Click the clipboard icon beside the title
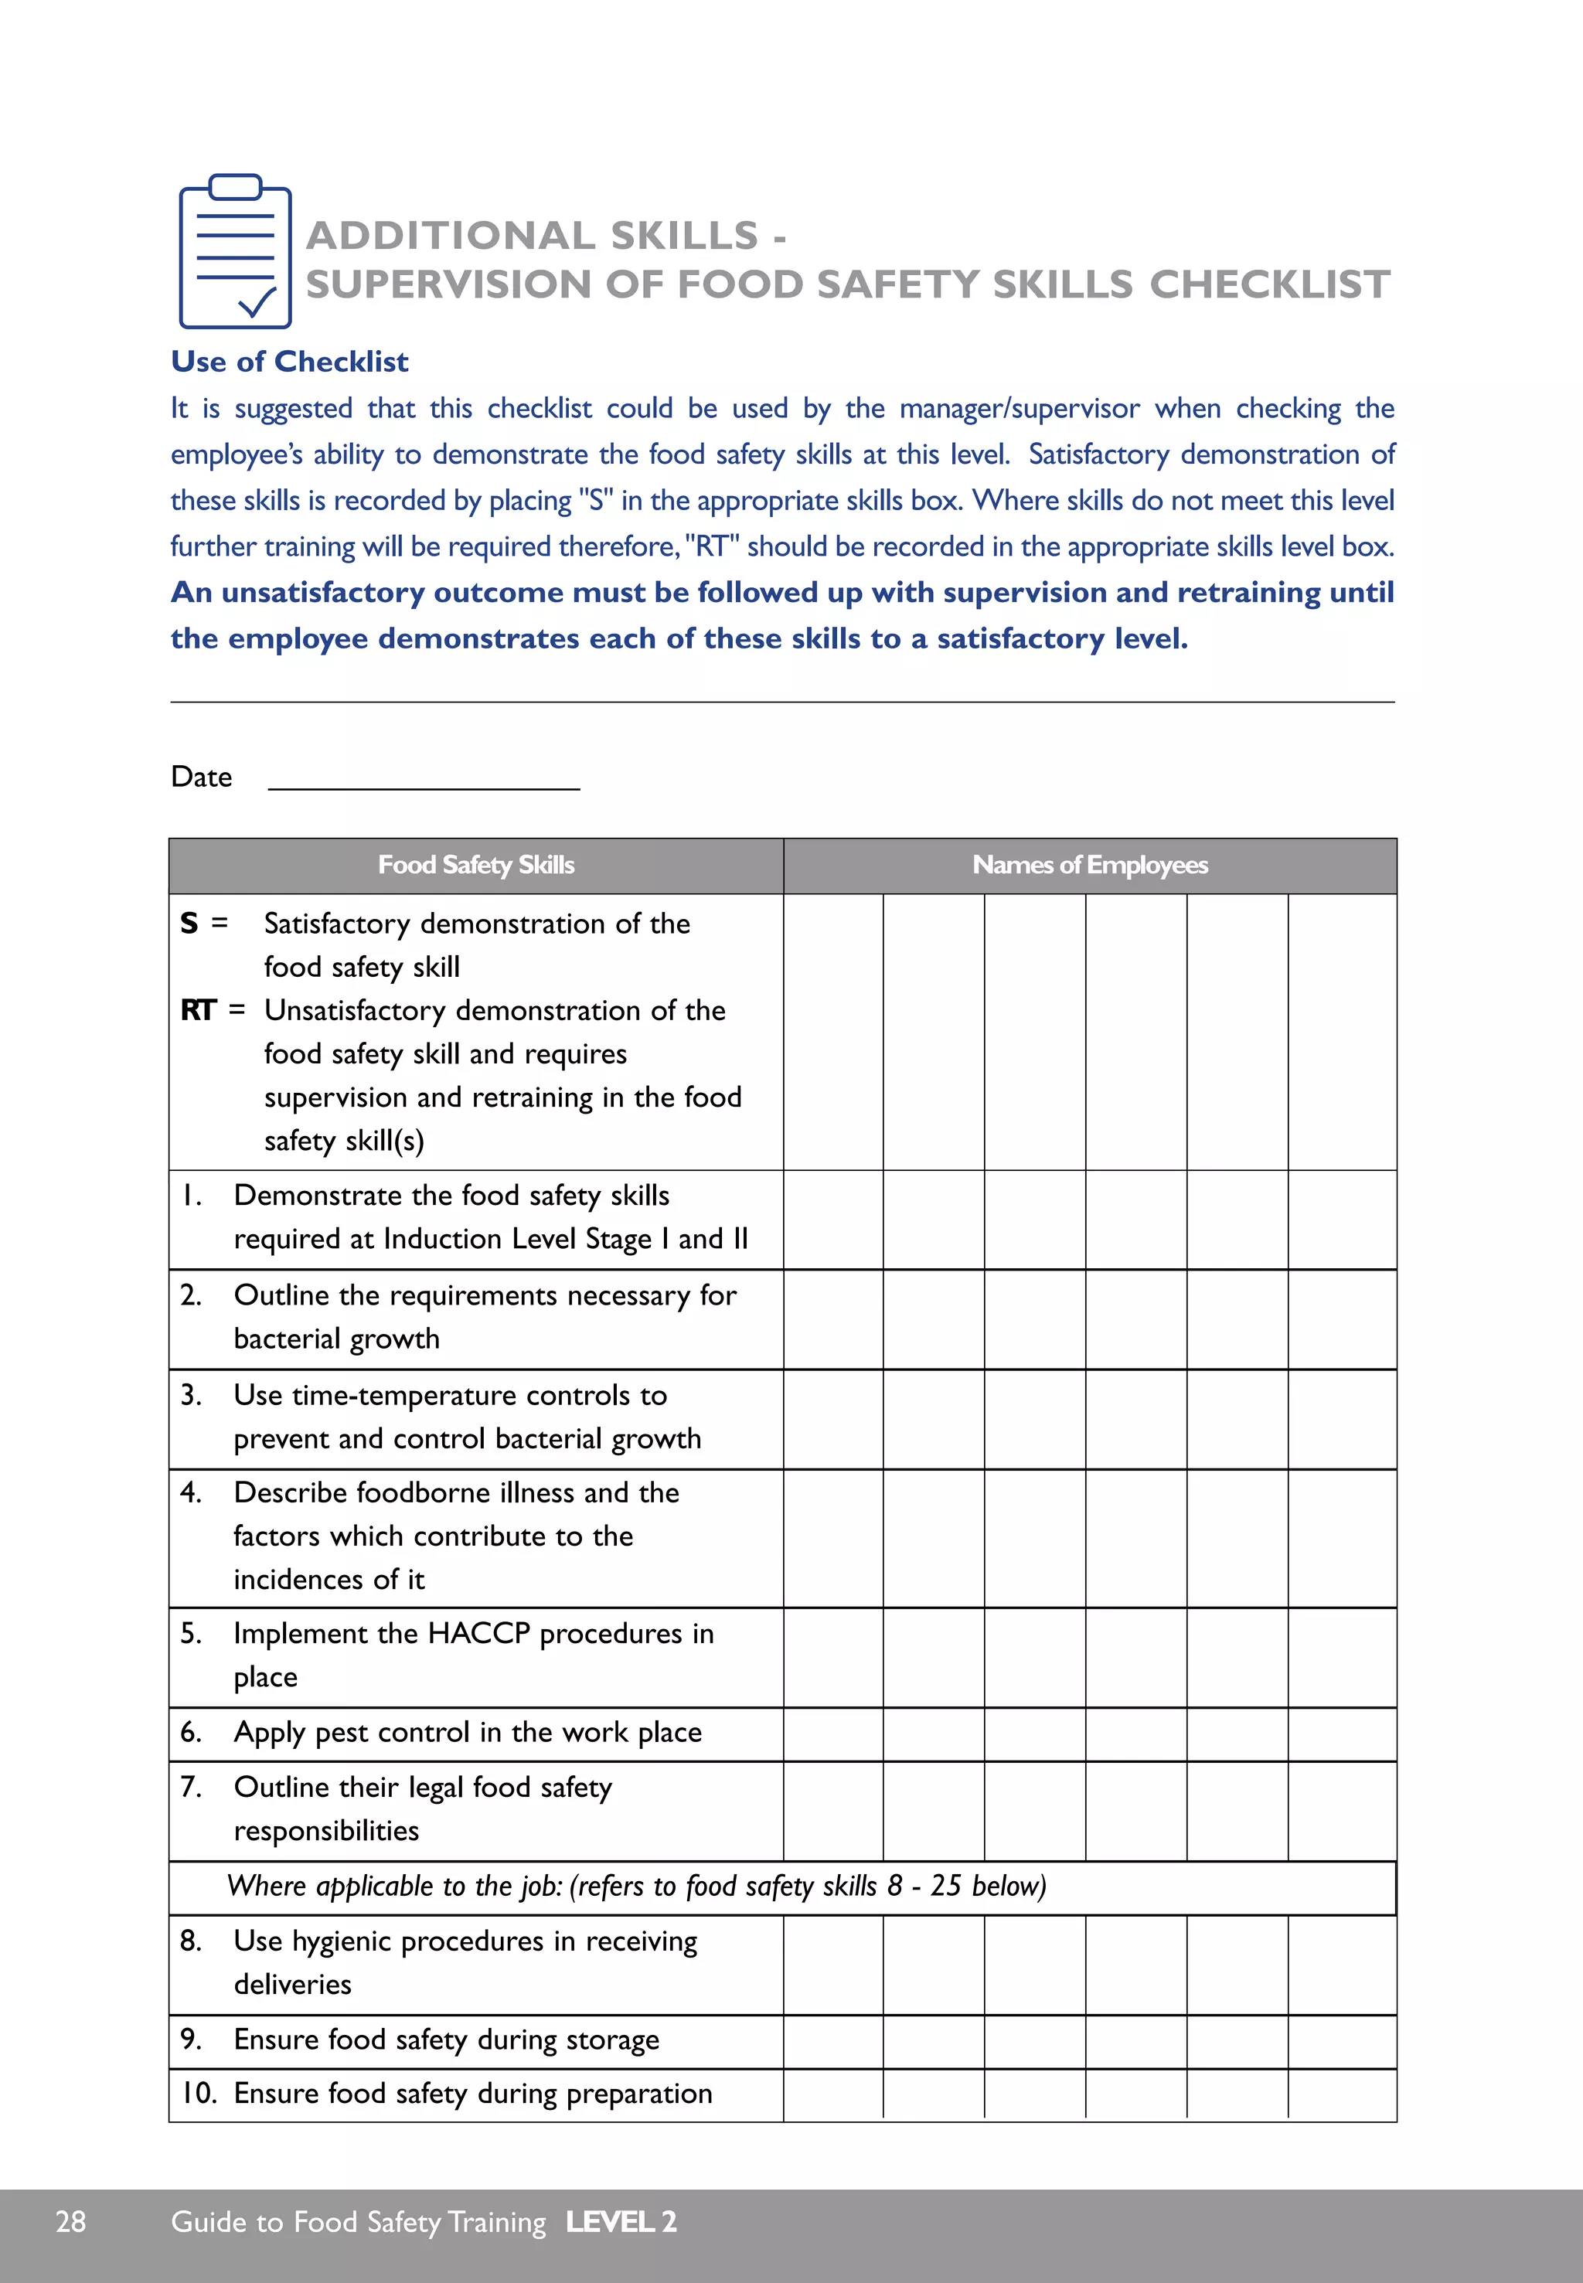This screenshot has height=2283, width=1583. point(235,253)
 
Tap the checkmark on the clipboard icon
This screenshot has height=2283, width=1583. point(258,301)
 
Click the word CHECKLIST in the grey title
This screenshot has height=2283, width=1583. point(1270,284)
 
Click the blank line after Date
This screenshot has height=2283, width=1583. point(424,778)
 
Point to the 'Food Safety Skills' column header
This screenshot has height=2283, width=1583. point(476,865)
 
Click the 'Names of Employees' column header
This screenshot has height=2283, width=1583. point(1089,865)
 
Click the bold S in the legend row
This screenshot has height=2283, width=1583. point(189,924)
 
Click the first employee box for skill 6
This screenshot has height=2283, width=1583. point(833,1734)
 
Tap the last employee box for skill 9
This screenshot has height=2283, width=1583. point(1341,2041)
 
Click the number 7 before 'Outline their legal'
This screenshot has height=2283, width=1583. point(189,1787)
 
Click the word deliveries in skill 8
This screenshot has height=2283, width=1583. point(293,1985)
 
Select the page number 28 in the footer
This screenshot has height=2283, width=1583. point(70,2221)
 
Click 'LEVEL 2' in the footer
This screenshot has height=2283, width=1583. point(621,2221)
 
